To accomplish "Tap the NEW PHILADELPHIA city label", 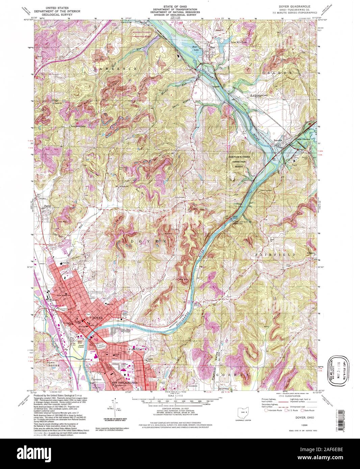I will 125,383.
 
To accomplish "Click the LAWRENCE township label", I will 116,68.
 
